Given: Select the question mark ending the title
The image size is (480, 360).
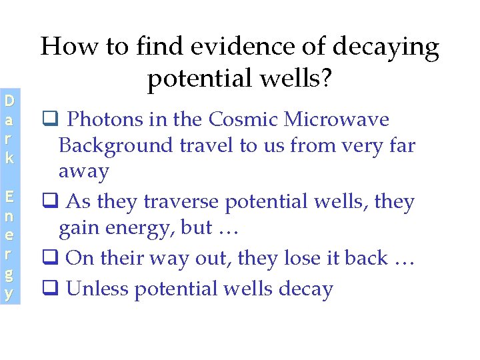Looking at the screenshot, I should pyautogui.click(x=325, y=79).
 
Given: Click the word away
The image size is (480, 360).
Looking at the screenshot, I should pyautogui.click(x=83, y=172).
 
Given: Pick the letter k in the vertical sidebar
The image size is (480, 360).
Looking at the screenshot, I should pyautogui.click(x=9, y=159).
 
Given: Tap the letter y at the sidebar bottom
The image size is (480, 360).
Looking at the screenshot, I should pyautogui.click(x=9, y=294).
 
